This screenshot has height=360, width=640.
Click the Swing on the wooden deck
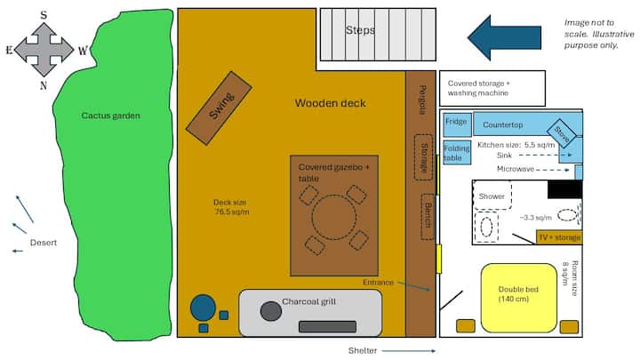point(219,108)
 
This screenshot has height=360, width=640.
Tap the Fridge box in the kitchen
point(457,124)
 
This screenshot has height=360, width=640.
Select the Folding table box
point(457,152)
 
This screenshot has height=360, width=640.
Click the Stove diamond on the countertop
point(562,133)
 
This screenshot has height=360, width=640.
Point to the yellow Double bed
point(519,298)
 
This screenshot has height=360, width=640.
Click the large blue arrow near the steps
point(505,37)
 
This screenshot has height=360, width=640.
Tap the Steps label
point(360,30)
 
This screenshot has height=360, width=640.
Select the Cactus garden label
point(110,116)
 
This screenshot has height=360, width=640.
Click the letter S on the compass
point(44,15)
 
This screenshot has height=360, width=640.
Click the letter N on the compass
point(44,85)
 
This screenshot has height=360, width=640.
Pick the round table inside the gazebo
point(333,217)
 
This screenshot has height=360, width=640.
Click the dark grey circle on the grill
point(270,311)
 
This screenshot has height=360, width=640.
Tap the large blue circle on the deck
point(203,308)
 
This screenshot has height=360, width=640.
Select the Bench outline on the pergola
point(428,216)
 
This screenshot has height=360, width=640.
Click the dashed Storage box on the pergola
point(423,157)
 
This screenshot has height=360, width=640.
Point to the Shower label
point(492,196)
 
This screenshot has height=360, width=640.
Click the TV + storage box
point(559,237)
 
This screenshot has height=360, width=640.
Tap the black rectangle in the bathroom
point(565,189)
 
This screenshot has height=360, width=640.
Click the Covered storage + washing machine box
point(492,88)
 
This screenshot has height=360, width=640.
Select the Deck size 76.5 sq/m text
point(231,207)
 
